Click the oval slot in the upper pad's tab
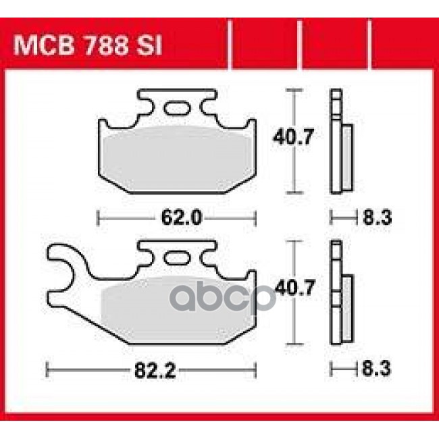(177, 108)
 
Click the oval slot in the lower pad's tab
(178, 258)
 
